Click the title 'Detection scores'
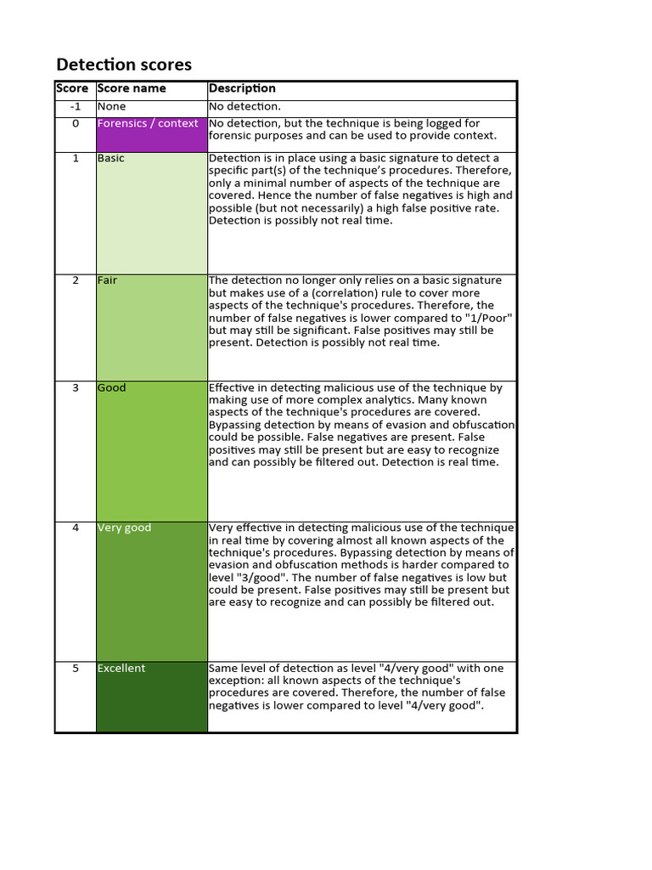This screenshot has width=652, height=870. tap(124, 65)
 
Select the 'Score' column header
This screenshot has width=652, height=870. tap(72, 88)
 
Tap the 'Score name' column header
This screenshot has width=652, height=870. tap(132, 88)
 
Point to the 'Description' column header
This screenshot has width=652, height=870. tap(242, 88)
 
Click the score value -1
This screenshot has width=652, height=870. tap(76, 107)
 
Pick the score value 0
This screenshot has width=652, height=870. tap(76, 123)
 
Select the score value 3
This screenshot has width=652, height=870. tap(76, 388)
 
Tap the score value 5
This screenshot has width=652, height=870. tap(76, 669)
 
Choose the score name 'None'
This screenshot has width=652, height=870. tap(111, 107)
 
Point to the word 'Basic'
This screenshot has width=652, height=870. tap(111, 159)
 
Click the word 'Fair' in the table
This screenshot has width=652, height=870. tap(108, 280)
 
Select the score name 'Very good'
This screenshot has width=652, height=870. tap(124, 528)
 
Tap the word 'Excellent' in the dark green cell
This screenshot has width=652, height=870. tap(121, 669)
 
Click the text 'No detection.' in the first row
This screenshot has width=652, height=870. tap(244, 107)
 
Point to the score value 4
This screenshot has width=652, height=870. tap(76, 528)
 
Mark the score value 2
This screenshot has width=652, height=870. tap(76, 280)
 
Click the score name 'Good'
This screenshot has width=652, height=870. tap(111, 388)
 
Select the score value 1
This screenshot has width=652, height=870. tap(76, 159)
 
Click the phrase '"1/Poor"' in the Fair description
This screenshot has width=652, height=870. tap(491, 318)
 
